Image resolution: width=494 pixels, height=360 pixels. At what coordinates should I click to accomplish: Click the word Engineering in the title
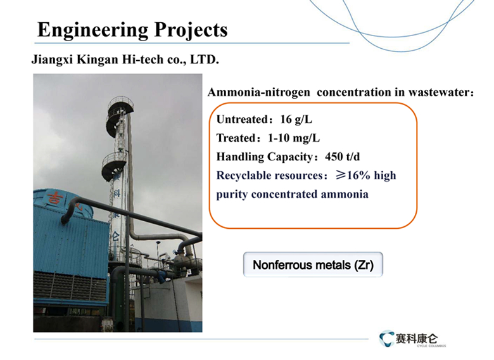coord(92,30)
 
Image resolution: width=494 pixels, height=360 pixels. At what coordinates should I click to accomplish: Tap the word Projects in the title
coord(191,30)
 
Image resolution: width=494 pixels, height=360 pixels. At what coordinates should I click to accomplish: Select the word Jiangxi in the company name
coord(53,60)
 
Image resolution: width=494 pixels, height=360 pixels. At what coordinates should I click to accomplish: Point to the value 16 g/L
coord(296,120)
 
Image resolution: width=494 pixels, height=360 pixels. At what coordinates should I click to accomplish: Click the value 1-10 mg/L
coord(294,138)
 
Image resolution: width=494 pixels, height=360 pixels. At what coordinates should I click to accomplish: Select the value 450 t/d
coord(343,157)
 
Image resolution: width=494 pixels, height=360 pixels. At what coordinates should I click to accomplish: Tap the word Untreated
coord(243,120)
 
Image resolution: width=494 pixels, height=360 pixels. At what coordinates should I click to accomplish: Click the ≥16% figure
coord(353,175)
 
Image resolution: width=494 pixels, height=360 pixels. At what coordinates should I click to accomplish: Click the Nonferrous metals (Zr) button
coord(313,265)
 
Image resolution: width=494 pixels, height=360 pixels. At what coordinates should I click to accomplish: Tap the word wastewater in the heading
coord(439,93)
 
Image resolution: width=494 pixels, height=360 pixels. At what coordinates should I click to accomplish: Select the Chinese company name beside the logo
coord(417,338)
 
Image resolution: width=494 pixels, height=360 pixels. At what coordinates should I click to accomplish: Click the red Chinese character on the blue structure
coord(56,198)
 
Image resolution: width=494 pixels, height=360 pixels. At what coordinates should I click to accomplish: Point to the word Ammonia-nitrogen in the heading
coord(259,93)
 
